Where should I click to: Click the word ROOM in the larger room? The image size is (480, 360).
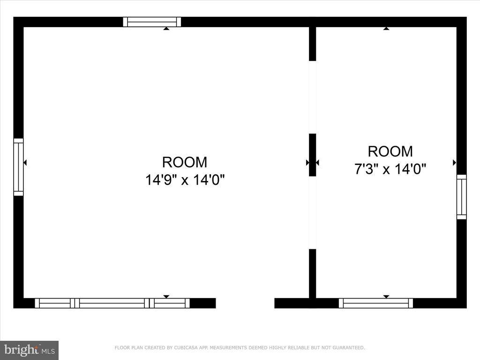[185, 162]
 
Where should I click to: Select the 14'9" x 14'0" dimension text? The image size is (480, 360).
[185, 180]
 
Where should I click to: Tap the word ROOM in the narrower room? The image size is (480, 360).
[390, 151]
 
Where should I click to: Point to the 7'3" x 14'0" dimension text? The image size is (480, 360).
[390, 169]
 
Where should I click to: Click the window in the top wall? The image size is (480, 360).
[152, 22]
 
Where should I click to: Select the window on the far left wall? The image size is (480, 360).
[18, 167]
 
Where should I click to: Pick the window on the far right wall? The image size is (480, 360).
[462, 197]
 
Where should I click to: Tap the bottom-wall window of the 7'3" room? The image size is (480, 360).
[376, 303]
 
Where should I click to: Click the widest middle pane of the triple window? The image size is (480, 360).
[112, 303]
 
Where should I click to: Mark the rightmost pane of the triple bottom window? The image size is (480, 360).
[170, 303]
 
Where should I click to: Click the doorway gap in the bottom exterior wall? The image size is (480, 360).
[245, 303]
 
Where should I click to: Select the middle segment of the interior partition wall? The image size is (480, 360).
[312, 155]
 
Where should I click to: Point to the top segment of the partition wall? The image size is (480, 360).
[312, 44]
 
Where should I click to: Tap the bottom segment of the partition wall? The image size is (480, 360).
[312, 273]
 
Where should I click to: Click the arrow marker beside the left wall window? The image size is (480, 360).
[25, 163]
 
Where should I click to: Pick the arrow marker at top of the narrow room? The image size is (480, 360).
[386, 29]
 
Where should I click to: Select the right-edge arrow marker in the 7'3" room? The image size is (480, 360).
[454, 163]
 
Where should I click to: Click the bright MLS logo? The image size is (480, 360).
[29, 350]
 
